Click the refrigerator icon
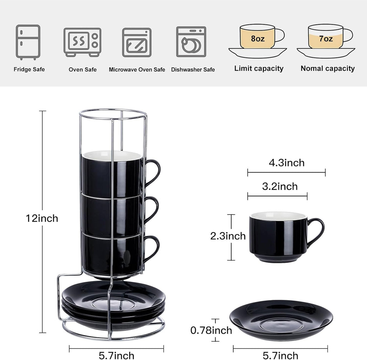click(x=28, y=42)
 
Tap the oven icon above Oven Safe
click(x=82, y=42)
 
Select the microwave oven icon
click(x=137, y=42)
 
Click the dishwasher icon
click(x=191, y=42)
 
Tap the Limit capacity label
click(x=259, y=68)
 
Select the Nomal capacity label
click(x=328, y=68)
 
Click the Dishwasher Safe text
click(x=193, y=70)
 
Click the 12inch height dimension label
click(x=42, y=218)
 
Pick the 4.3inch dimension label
click(x=287, y=163)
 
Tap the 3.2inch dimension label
click(x=280, y=186)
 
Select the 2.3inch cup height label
click(x=228, y=236)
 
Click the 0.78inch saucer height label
click(x=211, y=330)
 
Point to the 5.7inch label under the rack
click(x=116, y=355)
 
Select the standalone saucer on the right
click(x=281, y=319)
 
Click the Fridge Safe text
click(x=29, y=70)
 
